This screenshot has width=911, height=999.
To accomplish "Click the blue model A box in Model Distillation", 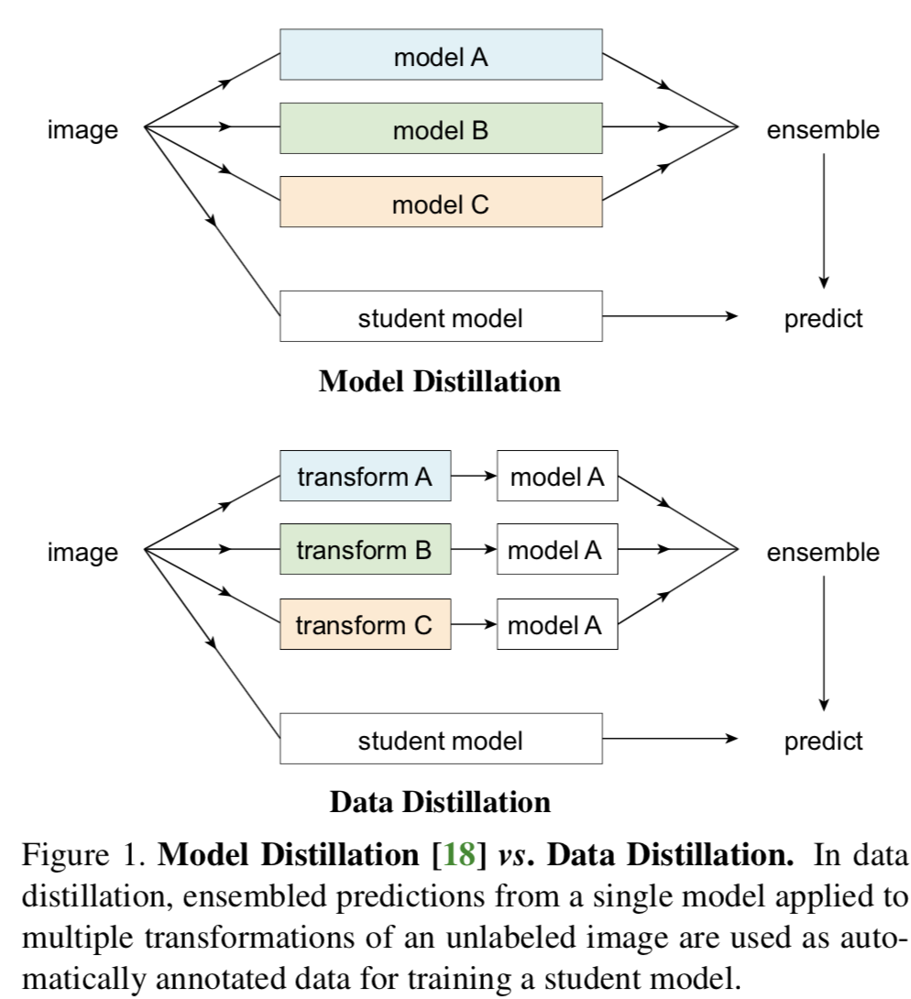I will [441, 55].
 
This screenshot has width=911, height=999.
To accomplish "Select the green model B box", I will [441, 128].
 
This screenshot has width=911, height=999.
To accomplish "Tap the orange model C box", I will [441, 202].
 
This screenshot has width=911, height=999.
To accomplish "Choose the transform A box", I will [365, 477].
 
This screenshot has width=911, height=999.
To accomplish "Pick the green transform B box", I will [365, 550].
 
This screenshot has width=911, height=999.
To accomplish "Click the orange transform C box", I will [365, 624].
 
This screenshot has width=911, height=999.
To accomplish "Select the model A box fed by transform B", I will [557, 550].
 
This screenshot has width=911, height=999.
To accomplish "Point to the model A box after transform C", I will [557, 624].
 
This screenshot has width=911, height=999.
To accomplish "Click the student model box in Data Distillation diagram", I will [441, 739].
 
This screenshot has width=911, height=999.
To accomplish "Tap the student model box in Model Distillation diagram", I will [441, 317].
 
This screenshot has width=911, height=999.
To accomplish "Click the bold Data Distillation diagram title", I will [440, 803].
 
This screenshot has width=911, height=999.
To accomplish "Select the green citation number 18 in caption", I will [458, 857].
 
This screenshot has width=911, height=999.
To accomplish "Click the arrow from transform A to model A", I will [474, 477].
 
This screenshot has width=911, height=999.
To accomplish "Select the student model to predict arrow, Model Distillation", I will [669, 317].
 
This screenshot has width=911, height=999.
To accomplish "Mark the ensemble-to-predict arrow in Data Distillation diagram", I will [824, 642].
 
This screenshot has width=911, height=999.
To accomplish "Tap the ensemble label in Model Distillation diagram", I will [823, 130].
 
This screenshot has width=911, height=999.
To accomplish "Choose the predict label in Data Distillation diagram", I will [823, 741].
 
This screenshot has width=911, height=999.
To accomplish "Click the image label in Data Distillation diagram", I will [82, 553].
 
